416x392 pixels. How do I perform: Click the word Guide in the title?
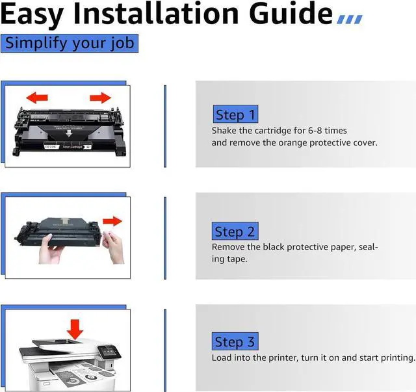(291, 13)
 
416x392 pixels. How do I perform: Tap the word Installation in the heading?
(156, 13)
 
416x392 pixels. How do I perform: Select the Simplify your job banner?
(70, 44)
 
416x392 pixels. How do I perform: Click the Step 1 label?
(235, 114)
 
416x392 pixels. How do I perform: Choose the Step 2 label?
(235, 231)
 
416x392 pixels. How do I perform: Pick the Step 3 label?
(235, 341)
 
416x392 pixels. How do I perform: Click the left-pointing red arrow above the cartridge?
(37, 98)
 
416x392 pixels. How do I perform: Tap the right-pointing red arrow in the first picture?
(101, 98)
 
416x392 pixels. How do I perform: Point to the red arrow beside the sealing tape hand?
(112, 221)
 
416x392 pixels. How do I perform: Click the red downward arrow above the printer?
(75, 329)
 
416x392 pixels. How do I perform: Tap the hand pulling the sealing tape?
(113, 247)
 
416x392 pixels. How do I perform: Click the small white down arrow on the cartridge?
(69, 133)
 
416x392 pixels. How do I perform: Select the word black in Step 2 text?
(274, 247)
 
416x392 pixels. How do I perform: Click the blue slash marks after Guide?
(350, 20)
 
